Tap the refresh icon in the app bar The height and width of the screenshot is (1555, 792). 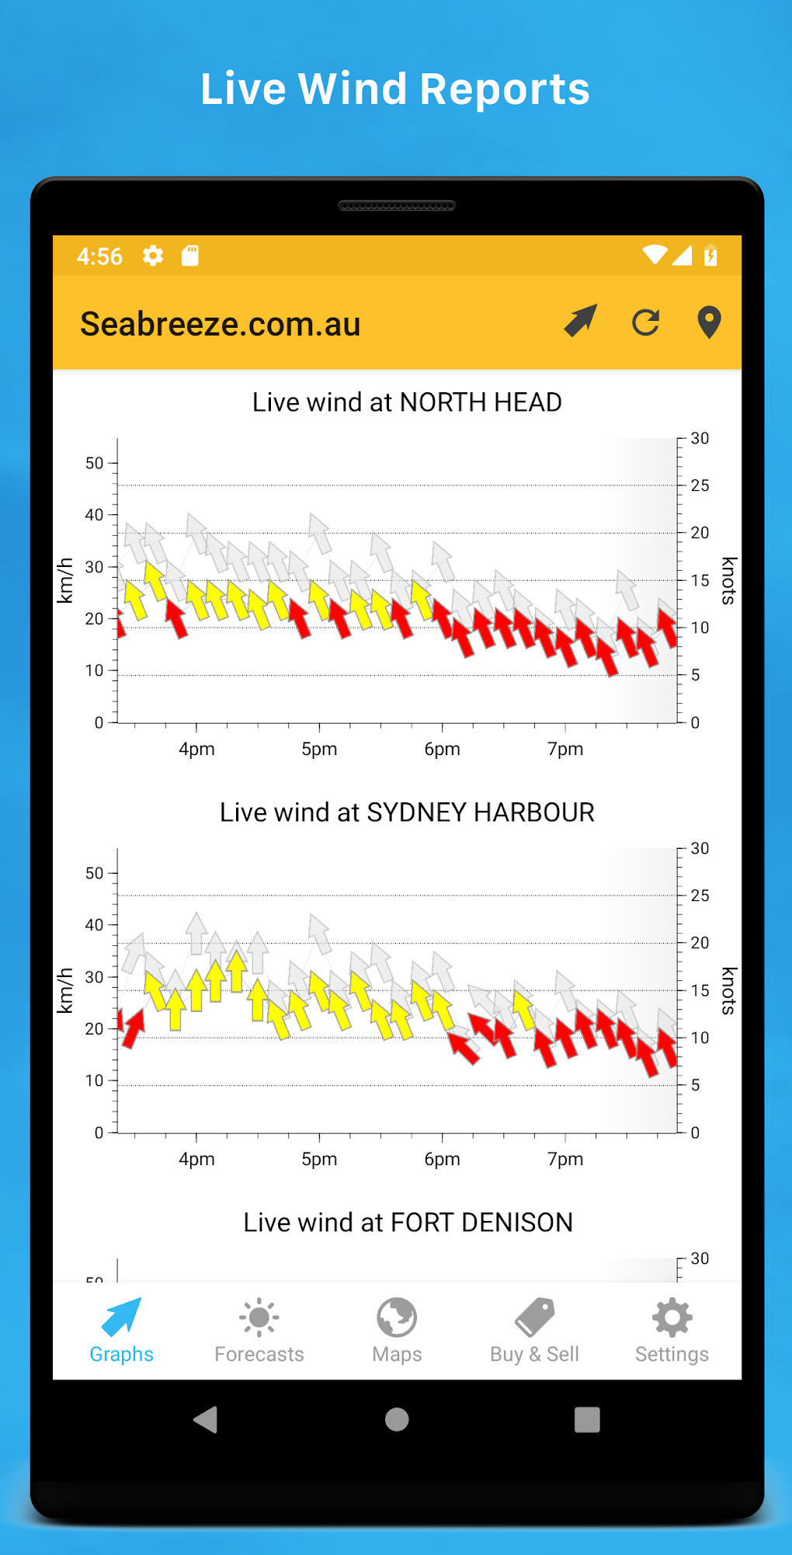645,322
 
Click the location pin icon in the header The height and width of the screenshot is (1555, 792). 709,322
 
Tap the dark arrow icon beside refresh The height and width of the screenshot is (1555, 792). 581,320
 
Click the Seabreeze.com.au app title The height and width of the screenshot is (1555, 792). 221,324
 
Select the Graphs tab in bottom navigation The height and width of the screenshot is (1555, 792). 121,1331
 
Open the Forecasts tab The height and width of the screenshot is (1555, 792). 259,1331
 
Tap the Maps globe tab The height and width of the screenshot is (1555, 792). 397,1331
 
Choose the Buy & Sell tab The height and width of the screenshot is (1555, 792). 534,1331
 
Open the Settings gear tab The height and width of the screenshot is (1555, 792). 672,1331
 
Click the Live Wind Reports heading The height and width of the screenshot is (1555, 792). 395,89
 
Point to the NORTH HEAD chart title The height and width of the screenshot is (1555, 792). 407,402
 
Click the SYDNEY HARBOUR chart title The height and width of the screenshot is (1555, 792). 407,812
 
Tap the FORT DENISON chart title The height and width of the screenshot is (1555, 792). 408,1223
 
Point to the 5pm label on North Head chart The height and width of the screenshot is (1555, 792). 319,749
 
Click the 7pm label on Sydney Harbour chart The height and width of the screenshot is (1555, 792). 565,1159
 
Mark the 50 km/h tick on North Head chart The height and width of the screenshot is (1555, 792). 95,463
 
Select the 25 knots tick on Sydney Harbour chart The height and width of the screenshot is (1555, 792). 700,896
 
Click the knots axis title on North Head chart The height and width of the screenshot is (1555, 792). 728,580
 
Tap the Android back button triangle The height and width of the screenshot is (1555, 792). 206,1420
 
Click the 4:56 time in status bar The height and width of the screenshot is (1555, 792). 99,256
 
